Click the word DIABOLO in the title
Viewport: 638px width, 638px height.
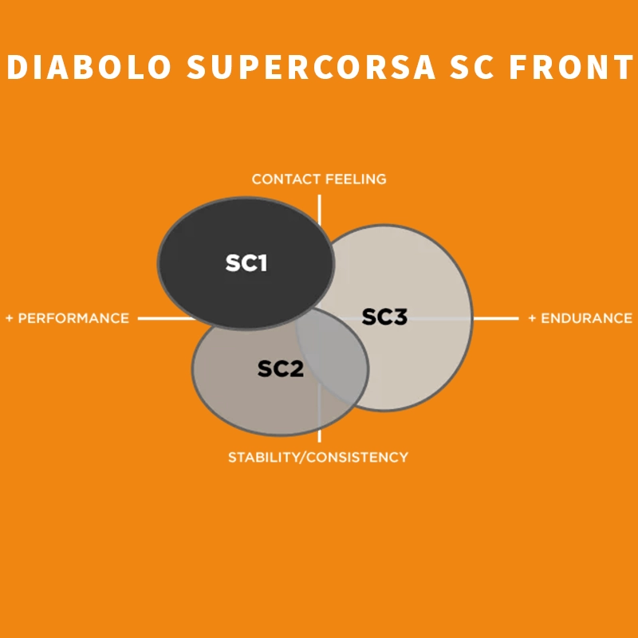click(89, 67)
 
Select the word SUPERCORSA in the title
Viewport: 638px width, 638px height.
click(311, 67)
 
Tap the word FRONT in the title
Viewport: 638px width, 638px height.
click(571, 67)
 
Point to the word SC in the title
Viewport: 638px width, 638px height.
click(472, 67)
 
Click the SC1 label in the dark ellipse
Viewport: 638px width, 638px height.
click(246, 263)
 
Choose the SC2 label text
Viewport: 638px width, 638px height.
click(281, 368)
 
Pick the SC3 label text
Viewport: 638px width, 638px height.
click(384, 317)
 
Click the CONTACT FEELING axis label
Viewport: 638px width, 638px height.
click(319, 179)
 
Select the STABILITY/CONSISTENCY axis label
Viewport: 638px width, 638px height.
click(318, 457)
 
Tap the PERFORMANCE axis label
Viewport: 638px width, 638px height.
click(73, 318)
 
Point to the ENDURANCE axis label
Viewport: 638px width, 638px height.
click(587, 318)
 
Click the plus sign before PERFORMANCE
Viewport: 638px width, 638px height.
click(10, 318)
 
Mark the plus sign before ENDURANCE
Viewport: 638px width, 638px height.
click(532, 318)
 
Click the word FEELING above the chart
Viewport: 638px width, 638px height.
click(356, 179)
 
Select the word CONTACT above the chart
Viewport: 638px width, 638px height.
click(286, 179)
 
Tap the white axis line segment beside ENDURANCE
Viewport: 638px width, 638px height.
click(496, 318)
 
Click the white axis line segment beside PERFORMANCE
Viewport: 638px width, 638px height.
click(167, 318)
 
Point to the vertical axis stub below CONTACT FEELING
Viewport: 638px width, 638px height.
click(320, 210)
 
